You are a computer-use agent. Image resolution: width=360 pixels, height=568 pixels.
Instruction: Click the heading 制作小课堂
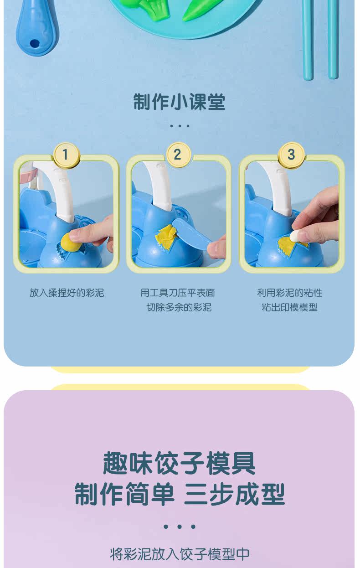(x=180, y=102)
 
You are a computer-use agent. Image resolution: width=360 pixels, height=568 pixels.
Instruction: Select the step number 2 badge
(x=179, y=155)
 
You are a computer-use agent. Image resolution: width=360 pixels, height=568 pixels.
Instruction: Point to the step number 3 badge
(x=291, y=155)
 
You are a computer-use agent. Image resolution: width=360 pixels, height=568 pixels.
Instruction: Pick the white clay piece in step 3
(x=297, y=236)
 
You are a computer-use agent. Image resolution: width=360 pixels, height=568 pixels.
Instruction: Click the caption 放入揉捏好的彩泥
(x=67, y=293)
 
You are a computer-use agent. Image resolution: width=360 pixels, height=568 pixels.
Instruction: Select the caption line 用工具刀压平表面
(x=178, y=293)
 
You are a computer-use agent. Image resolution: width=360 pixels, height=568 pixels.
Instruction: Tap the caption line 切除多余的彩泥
(x=179, y=307)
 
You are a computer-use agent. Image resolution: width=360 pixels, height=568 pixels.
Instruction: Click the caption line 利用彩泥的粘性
(x=290, y=293)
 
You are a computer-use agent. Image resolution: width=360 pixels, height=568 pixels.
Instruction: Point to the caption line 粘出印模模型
(x=290, y=307)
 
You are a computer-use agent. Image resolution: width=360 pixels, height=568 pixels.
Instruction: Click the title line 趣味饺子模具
(x=179, y=464)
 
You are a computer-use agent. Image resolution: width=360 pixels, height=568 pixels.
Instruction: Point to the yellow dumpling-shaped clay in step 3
(x=292, y=245)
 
